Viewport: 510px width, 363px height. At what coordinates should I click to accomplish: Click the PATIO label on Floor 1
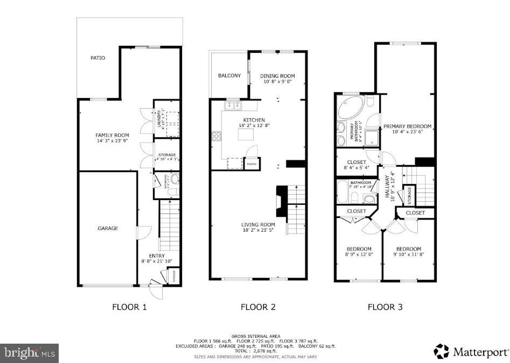coord(97,58)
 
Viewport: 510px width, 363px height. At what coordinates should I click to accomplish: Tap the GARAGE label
coord(108,228)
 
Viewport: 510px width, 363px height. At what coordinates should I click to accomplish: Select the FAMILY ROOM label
coord(112,135)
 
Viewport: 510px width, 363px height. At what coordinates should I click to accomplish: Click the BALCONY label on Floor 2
coord(229,76)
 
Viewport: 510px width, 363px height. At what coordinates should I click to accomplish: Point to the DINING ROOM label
coord(278,76)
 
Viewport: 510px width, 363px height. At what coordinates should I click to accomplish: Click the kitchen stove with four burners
coord(216,136)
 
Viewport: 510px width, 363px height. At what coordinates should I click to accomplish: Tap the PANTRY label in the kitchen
coord(251,163)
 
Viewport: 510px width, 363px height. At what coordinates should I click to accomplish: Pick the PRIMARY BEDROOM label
coord(407,127)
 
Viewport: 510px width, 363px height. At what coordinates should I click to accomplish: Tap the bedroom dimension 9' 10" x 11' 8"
coord(409,255)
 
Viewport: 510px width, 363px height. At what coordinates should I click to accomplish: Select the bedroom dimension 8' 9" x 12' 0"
coord(359,255)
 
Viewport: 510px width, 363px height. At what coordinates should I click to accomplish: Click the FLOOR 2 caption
coord(258,308)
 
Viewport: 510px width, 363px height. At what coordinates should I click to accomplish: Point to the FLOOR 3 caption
coord(385,308)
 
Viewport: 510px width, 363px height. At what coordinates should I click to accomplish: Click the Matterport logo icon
coord(441,351)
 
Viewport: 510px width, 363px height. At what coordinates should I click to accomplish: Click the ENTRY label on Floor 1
coord(157,256)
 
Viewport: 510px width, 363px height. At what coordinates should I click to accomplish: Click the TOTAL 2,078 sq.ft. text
coord(256,351)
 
